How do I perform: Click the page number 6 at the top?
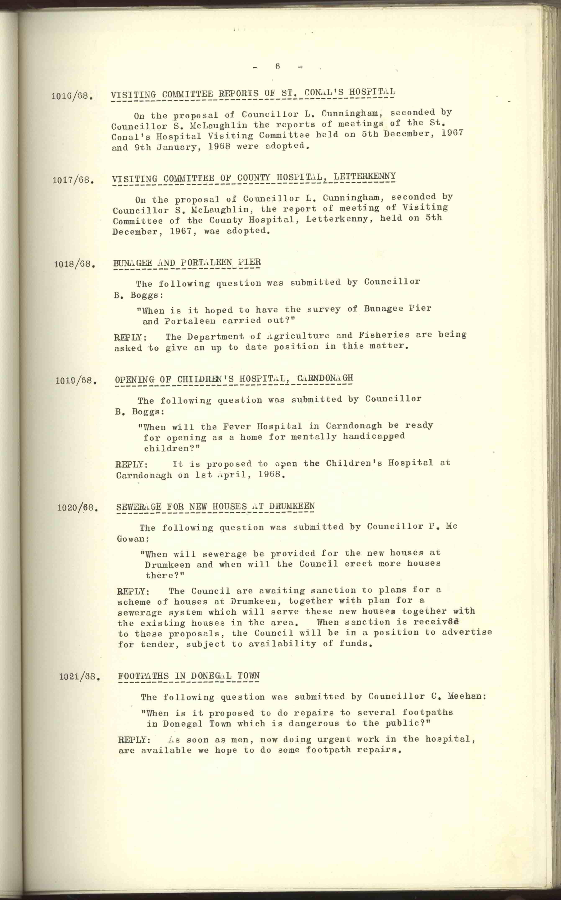point(277,66)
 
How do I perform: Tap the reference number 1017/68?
point(73,180)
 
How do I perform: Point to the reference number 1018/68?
point(74,264)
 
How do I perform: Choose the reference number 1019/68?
point(76,380)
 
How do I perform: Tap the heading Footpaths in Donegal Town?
point(189,675)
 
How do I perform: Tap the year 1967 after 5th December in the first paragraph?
point(452,133)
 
